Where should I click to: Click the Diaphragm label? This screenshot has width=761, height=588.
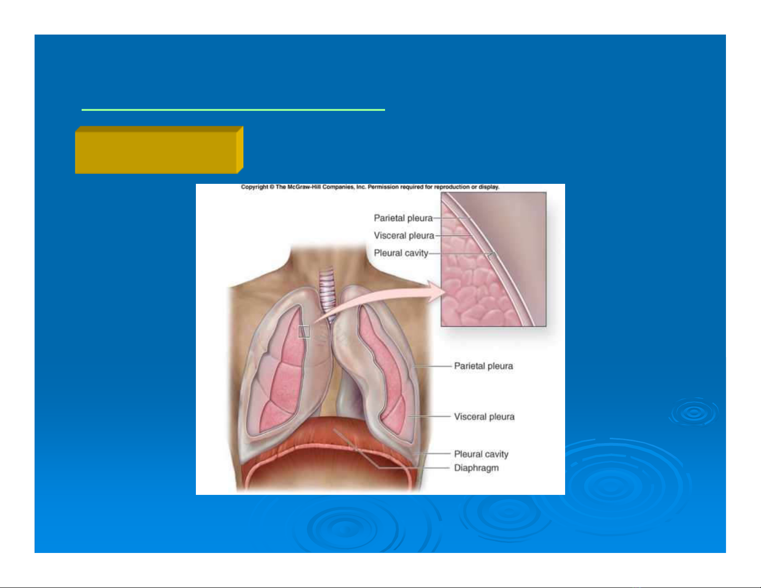click(476, 468)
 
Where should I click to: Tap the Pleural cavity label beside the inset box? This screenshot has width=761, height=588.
click(401, 253)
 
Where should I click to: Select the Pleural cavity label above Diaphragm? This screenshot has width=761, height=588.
click(481, 454)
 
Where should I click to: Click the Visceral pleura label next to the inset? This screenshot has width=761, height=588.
click(404, 236)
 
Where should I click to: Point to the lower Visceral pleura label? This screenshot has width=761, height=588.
click(484, 417)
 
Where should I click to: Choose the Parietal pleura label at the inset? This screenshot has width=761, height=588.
click(403, 218)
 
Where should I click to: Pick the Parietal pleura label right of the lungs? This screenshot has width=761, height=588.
click(483, 366)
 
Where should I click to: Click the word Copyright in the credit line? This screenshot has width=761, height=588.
click(254, 187)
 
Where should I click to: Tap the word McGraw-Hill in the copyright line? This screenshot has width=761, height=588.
click(303, 187)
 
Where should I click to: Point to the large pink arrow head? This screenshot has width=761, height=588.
click(436, 291)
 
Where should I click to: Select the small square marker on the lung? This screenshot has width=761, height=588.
click(304, 332)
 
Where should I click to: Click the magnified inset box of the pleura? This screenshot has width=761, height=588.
click(494, 259)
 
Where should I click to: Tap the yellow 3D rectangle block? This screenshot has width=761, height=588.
click(159, 150)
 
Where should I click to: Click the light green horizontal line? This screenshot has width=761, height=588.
click(233, 110)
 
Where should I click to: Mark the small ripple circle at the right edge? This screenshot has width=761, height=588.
click(693, 412)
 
